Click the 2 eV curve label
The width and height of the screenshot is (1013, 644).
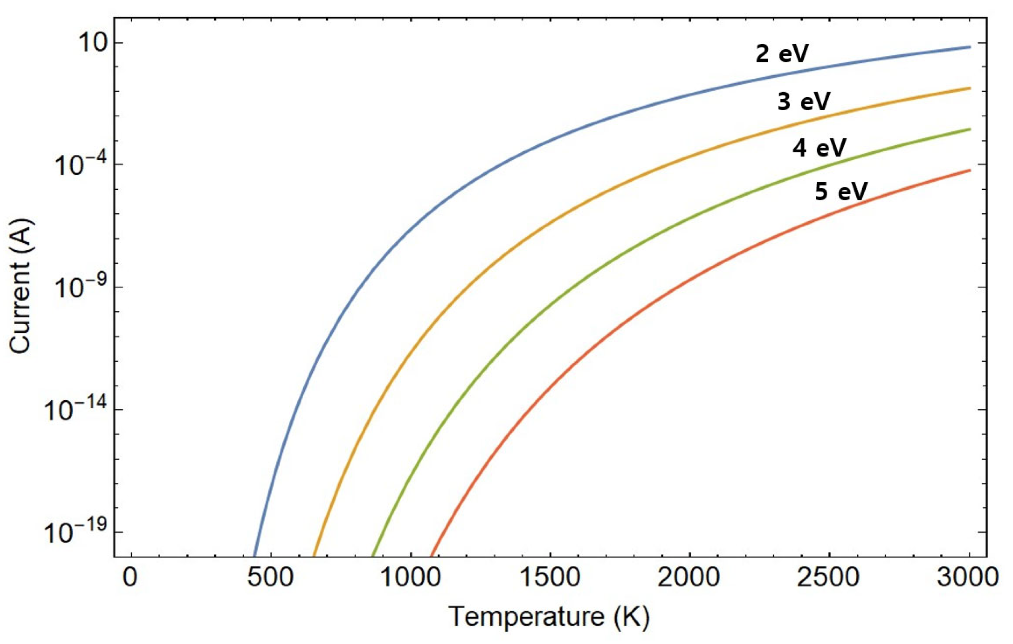pos(782,54)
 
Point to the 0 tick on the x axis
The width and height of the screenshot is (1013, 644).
pos(131,578)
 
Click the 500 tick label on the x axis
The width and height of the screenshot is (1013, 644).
pos(270,578)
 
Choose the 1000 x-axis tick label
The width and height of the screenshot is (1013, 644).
pos(410,578)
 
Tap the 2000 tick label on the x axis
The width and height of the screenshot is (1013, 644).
pos(689,578)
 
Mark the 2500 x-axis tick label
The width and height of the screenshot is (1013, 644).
pos(828,578)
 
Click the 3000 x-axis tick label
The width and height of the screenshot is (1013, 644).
pos(968,578)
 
